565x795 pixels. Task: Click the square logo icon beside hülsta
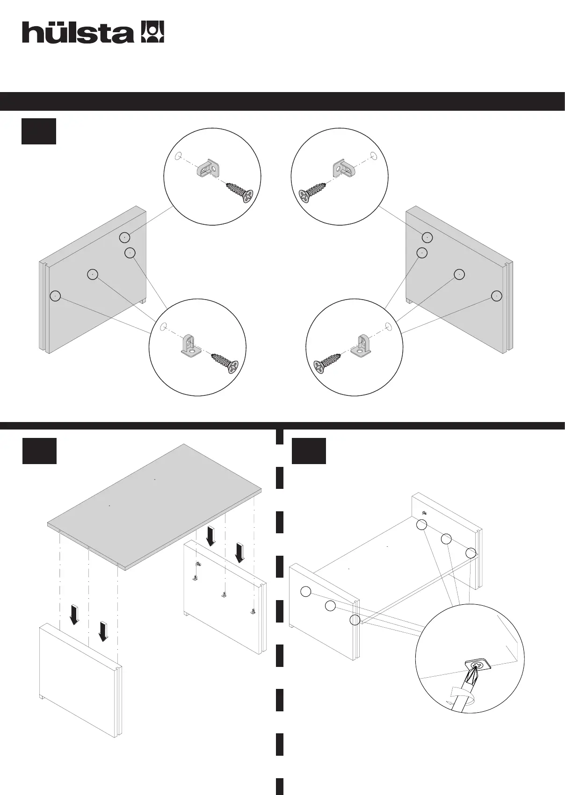(152, 32)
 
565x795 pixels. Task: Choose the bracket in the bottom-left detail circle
(191, 345)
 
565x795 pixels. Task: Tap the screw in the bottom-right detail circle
(327, 363)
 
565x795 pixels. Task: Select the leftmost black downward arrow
(74, 615)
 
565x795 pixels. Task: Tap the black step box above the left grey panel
(39, 131)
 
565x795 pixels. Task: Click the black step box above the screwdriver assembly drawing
(309, 451)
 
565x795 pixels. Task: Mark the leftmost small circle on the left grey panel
(55, 296)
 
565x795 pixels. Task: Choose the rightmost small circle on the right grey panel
(497, 296)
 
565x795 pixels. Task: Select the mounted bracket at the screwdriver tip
(478, 665)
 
